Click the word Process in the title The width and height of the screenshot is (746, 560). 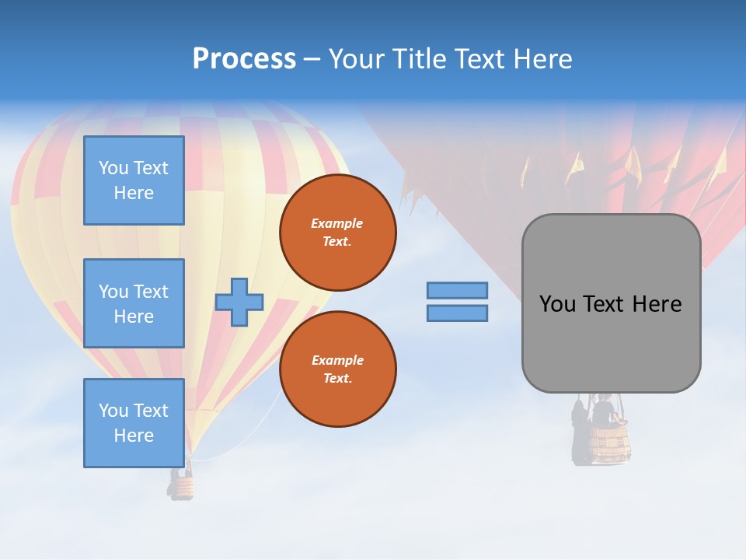(244, 59)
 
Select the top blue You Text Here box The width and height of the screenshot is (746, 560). (134, 180)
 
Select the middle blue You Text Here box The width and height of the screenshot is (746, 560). (134, 303)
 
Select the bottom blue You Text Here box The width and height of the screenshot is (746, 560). (134, 423)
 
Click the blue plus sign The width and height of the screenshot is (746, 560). (239, 302)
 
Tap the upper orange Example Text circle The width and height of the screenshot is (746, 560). (337, 233)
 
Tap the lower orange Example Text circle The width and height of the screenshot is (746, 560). (337, 369)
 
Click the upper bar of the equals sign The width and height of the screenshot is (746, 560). (457, 290)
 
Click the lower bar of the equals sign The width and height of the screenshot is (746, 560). (457, 313)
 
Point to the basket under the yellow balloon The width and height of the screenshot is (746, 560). (181, 487)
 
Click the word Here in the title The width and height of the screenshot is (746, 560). (542, 59)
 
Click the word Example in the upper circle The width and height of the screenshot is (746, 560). (337, 223)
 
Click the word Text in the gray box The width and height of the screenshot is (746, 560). (604, 304)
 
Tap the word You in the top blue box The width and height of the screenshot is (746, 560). (113, 168)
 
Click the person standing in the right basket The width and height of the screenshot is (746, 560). (603, 410)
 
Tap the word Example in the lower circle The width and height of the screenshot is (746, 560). (337, 360)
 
